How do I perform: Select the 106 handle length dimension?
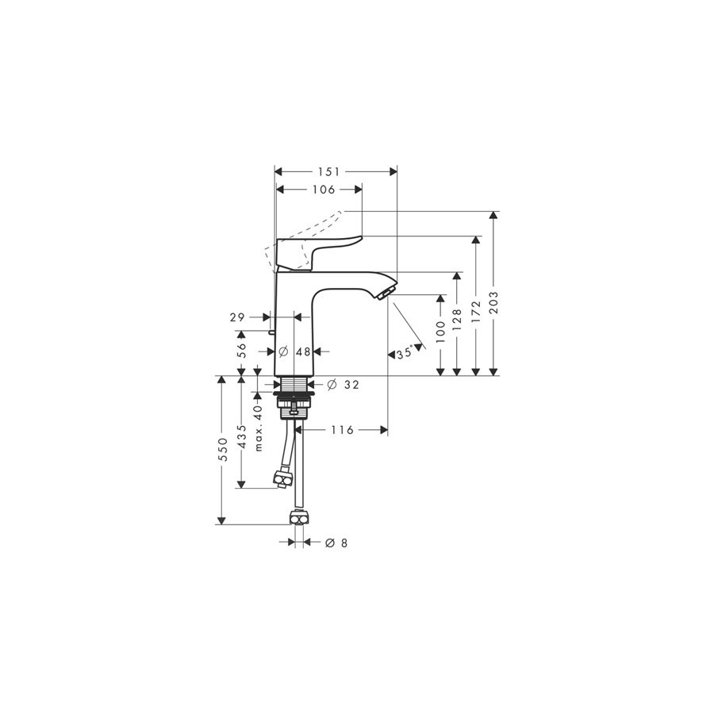323,190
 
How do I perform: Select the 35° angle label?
405,354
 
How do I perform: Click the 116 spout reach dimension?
341,430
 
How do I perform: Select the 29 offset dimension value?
236,317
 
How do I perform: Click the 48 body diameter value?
302,351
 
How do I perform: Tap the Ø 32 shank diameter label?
343,385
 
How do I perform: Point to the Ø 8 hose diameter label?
336,543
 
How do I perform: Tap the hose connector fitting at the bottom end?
298,518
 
